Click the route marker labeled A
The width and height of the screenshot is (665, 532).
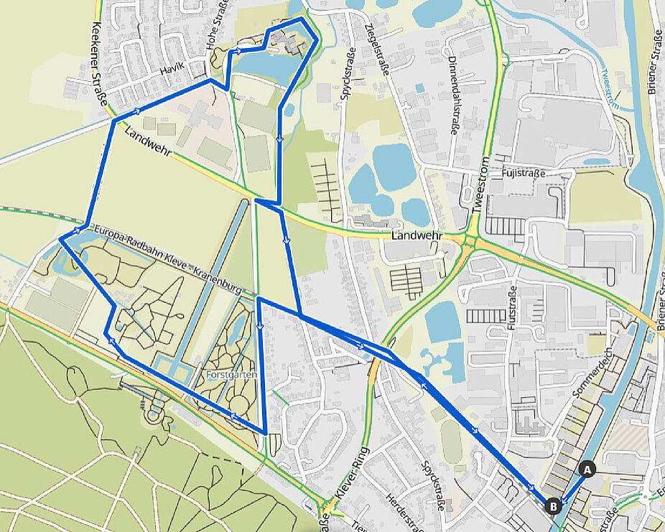(x=587, y=470)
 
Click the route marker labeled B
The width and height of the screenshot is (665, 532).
(x=553, y=505)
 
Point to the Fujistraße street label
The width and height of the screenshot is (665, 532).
(x=524, y=173)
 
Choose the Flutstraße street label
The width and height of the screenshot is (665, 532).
(x=511, y=308)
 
